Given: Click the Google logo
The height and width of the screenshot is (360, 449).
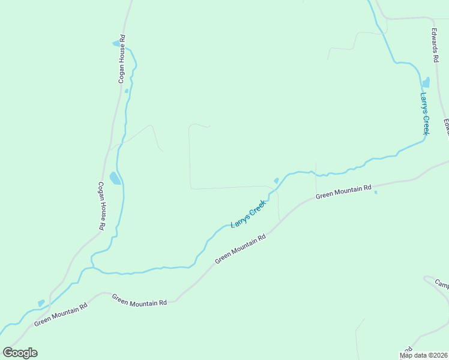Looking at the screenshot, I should click(x=20, y=353).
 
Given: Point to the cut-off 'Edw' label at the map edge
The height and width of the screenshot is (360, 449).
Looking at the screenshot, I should click(x=446, y=127).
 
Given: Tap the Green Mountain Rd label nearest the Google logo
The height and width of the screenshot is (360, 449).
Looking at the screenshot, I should click(x=61, y=314).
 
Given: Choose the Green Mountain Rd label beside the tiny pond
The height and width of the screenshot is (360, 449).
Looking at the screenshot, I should click(x=343, y=192).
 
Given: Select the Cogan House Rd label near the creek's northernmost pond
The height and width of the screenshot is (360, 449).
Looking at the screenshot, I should click(x=121, y=58).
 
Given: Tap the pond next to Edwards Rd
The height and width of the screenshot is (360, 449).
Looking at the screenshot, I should click(x=426, y=82).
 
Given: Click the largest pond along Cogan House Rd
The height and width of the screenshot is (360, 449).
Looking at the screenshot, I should click(x=115, y=178).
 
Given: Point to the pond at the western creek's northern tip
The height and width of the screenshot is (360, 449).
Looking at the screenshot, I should click(x=116, y=44).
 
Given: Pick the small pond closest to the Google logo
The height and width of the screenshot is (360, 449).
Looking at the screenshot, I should click(x=41, y=304).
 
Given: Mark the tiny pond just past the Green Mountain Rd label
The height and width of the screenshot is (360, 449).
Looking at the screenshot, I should click(x=376, y=193).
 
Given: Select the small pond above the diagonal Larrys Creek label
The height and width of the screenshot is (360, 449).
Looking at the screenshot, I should click(x=276, y=181).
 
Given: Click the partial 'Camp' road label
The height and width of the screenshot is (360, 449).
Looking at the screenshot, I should click(x=442, y=284).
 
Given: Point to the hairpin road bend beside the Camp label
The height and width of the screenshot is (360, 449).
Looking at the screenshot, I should click(x=426, y=278).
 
